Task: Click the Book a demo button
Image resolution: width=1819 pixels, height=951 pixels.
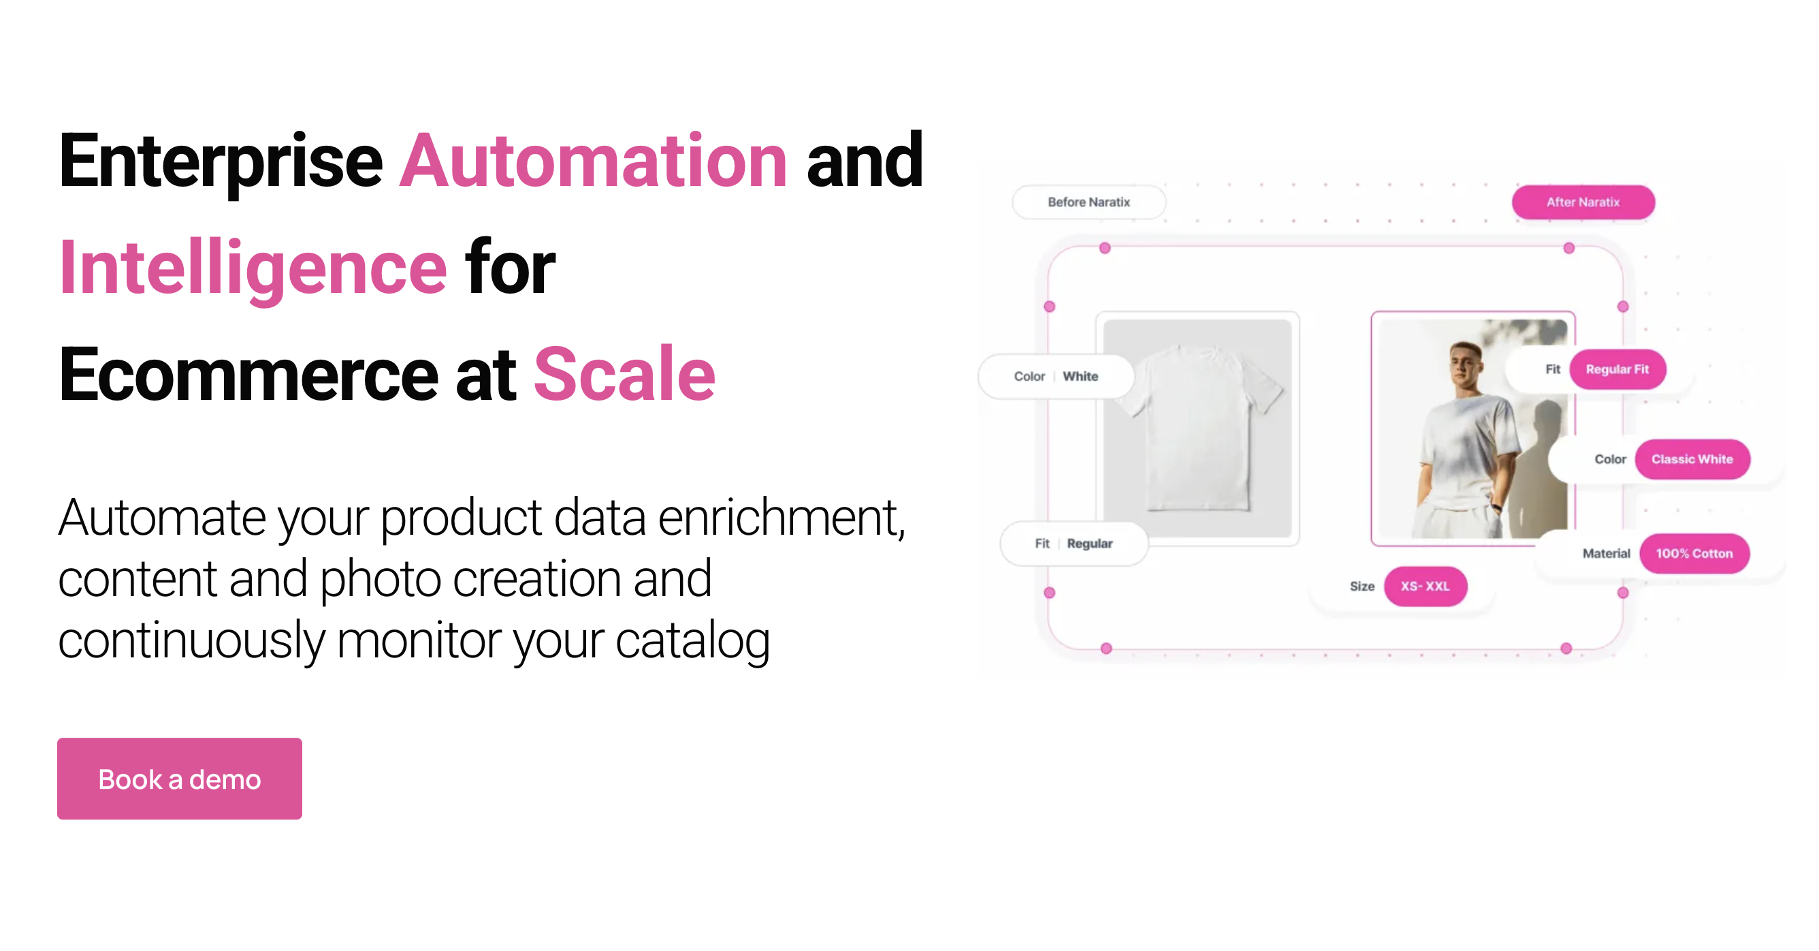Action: coord(179,779)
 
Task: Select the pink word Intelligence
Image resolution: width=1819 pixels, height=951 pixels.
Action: coord(253,268)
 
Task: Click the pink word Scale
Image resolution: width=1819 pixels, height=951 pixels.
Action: coord(624,375)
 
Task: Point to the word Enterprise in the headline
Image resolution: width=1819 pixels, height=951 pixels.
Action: coord(221,163)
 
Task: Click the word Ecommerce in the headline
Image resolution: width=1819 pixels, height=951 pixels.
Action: coord(248,375)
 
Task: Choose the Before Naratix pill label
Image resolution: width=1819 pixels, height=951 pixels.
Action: coord(1088,202)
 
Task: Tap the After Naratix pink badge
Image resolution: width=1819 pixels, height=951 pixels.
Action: coord(1583,202)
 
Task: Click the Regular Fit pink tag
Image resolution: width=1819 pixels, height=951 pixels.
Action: coord(1617,369)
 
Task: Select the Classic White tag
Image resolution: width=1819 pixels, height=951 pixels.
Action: coord(1692,459)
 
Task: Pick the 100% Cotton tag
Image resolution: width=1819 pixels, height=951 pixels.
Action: coord(1694,553)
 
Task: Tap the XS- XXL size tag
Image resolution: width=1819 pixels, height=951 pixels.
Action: coord(1425,587)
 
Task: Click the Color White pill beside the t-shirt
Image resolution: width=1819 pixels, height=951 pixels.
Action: coord(1056,377)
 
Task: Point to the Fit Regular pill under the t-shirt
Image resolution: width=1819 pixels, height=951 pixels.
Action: coord(1074,544)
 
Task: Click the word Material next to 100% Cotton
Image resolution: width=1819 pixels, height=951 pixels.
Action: coord(1606,553)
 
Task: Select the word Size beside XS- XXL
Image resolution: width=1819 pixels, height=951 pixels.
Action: coord(1362,587)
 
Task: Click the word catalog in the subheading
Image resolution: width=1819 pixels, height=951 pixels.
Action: coord(692,640)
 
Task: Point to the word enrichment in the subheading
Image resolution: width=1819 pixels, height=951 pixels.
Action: coord(781,518)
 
